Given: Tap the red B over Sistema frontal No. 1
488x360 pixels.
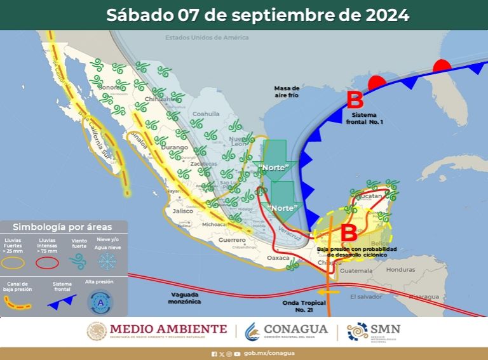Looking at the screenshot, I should pos(355,100).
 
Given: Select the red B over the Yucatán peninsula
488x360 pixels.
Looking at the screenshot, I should pos(349,232).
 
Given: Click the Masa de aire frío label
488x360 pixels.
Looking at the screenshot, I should pos(287,91).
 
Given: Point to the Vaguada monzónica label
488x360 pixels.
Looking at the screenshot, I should pos(186,298).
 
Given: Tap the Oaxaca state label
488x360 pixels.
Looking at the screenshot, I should pos(278,258).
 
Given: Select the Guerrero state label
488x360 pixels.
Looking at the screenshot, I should pos(232,240).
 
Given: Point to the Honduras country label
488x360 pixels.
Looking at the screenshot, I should pos(400,269).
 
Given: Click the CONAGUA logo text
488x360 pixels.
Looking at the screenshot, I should pos(295,329).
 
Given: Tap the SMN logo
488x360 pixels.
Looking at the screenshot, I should pos(374,330).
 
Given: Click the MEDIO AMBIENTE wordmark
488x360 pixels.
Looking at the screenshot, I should pos(168,329).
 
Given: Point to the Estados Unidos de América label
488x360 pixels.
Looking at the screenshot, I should pos(207,37).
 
